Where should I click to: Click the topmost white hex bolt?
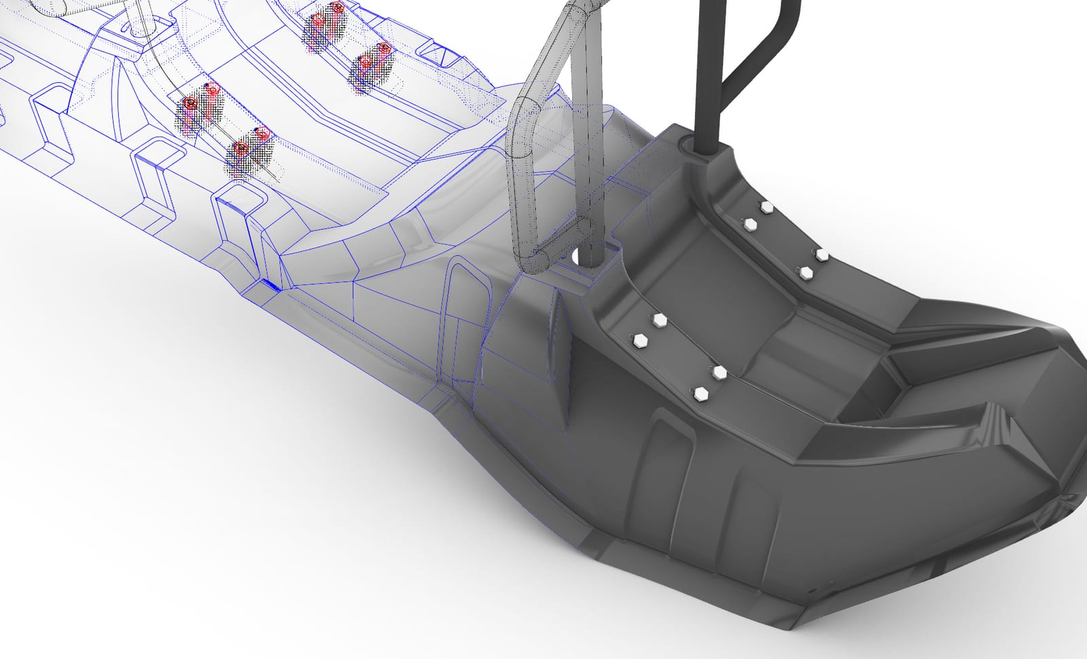point(766,206)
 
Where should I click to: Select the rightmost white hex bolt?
point(821,255)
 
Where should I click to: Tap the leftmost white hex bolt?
point(639,339)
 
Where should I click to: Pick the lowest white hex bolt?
point(698,392)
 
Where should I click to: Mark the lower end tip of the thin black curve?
point(278,181)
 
